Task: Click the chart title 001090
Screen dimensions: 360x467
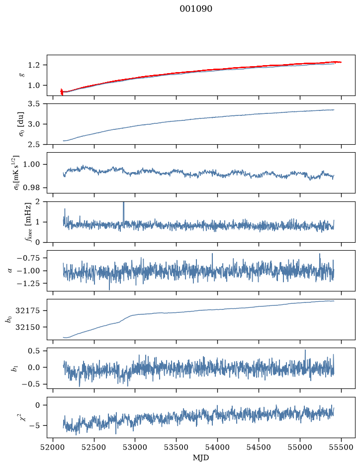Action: (196, 9)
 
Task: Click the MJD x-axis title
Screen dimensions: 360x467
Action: (201, 458)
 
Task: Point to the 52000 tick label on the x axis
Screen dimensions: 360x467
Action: (53, 447)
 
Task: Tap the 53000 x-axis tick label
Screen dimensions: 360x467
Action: (135, 447)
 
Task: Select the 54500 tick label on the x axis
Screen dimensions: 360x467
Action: (259, 447)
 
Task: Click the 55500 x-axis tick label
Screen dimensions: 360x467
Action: (341, 447)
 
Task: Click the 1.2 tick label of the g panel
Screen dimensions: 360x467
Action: (34, 65)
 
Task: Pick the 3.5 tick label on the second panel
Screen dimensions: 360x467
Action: (34, 104)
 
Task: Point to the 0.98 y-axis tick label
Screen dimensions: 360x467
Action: (31, 188)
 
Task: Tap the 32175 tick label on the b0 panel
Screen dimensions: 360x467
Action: (27, 311)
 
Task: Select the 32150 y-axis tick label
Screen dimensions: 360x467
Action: (27, 327)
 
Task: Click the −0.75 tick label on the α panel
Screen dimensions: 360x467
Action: (29, 258)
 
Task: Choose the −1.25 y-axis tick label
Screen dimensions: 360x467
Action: (29, 283)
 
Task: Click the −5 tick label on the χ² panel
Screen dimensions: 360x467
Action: (34, 426)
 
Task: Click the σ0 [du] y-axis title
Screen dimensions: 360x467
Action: (21, 124)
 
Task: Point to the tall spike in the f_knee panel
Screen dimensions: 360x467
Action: (124, 212)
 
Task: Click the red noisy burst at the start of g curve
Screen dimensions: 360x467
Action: (62, 92)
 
